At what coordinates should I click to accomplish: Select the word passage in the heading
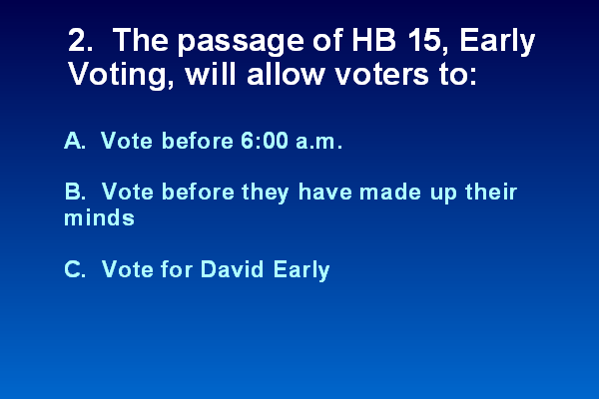(241, 43)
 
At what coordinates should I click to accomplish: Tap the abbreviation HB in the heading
(374, 40)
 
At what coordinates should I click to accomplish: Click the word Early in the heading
(497, 42)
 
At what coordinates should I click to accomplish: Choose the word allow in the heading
(286, 73)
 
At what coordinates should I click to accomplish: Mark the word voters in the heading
(382, 75)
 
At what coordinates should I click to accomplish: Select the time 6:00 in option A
(265, 141)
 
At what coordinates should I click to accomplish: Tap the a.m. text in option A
(319, 142)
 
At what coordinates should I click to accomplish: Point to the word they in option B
(266, 193)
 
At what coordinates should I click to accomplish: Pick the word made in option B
(390, 192)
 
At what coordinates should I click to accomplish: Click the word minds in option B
(99, 217)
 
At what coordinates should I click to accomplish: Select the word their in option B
(491, 191)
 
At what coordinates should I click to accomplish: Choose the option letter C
(75, 269)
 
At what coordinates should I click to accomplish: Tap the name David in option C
(232, 268)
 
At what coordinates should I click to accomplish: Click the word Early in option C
(301, 270)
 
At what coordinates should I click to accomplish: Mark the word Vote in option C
(128, 269)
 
